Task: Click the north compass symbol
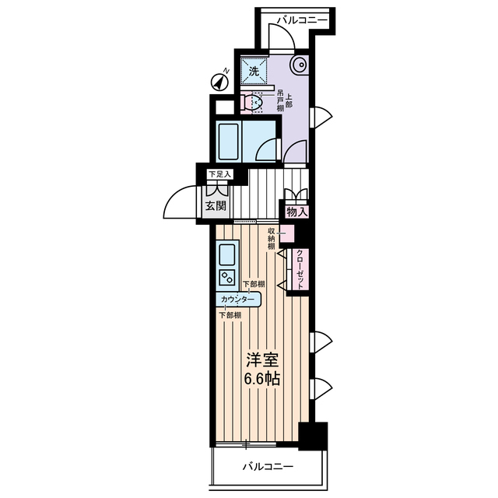(220, 82)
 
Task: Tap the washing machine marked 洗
(254, 71)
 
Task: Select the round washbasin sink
(299, 65)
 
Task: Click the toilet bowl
(254, 102)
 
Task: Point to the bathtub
(228, 142)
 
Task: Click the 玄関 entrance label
(216, 205)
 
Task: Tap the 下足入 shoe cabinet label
(219, 174)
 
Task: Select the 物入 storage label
(297, 212)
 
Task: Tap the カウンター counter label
(237, 300)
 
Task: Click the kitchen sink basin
(226, 255)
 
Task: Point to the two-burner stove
(226, 277)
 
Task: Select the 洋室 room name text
(262, 359)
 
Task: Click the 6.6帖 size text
(261, 378)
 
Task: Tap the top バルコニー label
(302, 20)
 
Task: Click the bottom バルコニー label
(268, 467)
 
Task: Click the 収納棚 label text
(271, 238)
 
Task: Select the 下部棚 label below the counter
(230, 315)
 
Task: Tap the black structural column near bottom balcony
(313, 436)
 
